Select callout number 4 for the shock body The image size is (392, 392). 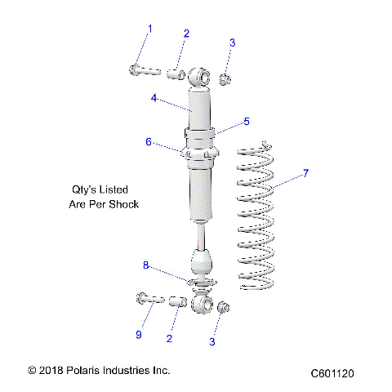pos(154,98)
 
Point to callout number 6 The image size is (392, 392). pos(149,141)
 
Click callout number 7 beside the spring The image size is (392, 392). pos(306,173)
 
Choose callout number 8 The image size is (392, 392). pos(146,265)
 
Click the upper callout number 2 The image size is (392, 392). pos(186,33)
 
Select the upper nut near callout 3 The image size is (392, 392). pos(225,78)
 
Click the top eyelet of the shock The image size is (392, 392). pos(199,77)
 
